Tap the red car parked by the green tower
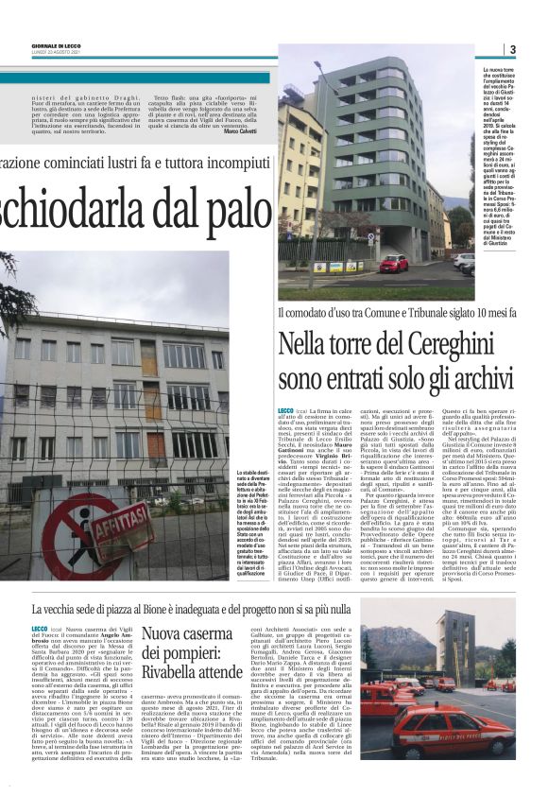point(393,263)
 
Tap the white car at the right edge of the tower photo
point(464,260)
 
